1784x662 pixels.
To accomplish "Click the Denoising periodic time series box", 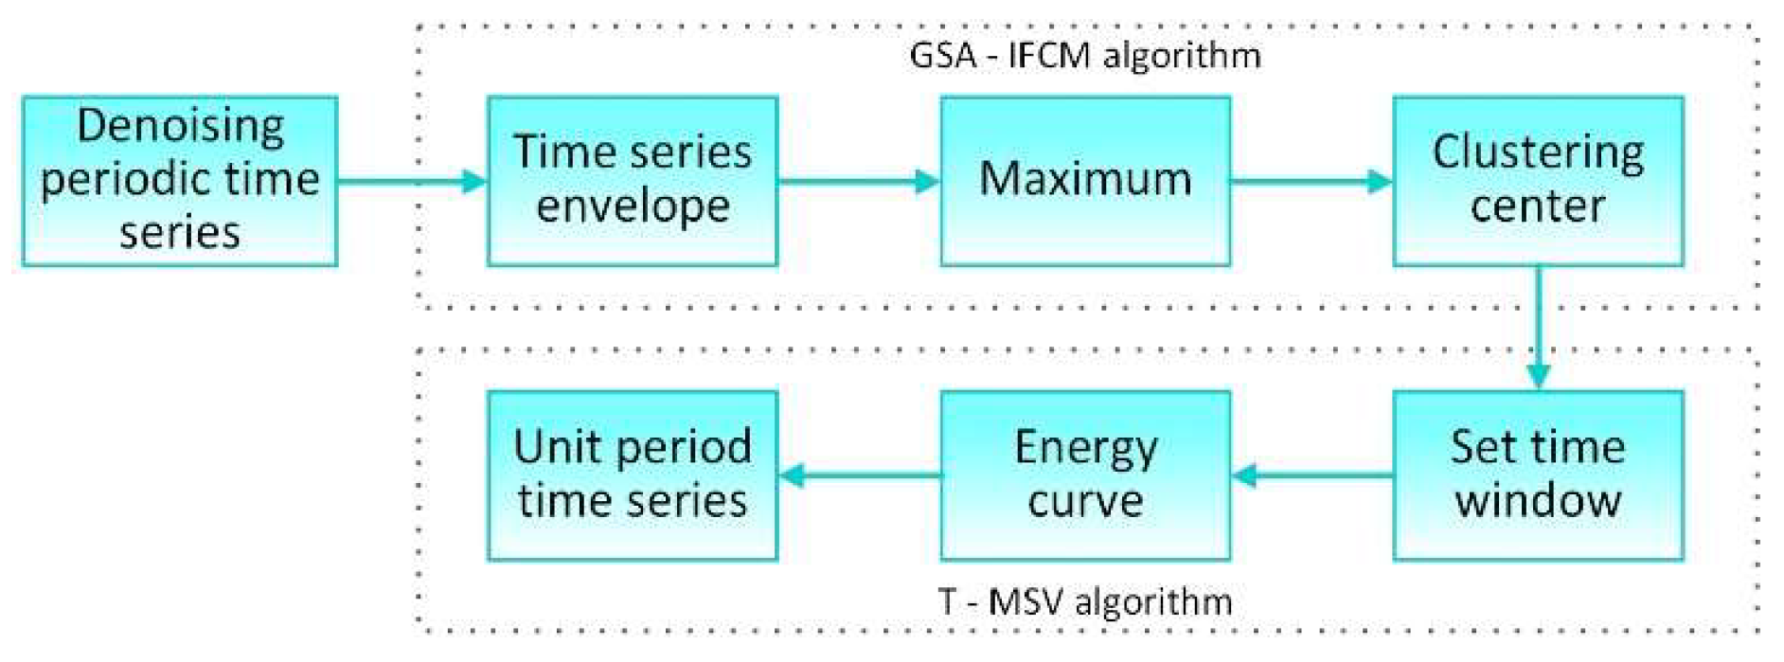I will pos(180,180).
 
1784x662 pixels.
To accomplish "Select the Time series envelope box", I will pos(633,180).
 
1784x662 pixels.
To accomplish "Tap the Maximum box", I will pos(1085,180).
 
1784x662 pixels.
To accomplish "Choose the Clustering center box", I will pos(1538,180).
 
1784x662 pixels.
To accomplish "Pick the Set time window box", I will pos(1538,474).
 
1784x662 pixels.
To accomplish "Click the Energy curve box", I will pos(1085,474).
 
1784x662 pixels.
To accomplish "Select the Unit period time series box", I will pos(633,474).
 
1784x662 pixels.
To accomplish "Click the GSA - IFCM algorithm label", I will pos(1085,55).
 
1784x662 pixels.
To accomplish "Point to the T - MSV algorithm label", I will pos(1085,601).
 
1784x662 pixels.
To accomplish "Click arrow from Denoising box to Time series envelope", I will pos(412,180).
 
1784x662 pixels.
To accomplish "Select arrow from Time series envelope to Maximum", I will pos(858,180).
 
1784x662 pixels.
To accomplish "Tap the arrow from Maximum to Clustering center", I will pos(1311,180).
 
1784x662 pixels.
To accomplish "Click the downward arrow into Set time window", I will pos(1538,327).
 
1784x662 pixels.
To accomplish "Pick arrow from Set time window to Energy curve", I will pos(1311,474).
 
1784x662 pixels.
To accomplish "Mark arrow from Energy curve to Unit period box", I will pos(858,474).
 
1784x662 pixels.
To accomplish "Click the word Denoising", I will pos(180,126).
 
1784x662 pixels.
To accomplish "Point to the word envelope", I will pos(633,206).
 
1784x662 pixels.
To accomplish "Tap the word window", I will pos(1538,501).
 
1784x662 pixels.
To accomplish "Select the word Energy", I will pos(1085,448).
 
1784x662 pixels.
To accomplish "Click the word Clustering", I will pos(1538,152).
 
